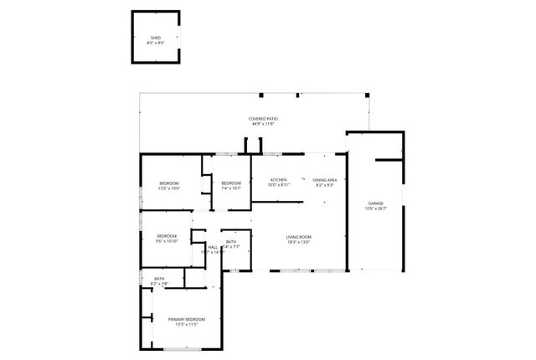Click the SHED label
pos(156,38)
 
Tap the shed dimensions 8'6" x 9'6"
pos(156,43)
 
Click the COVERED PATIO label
pos(263,119)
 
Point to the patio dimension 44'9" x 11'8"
pos(263,124)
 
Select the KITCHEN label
pos(279,180)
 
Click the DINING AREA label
pos(325,180)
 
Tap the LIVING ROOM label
pos(299,237)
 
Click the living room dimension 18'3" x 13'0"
pos(299,243)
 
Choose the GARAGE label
pos(376,203)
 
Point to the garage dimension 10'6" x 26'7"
pos(376,209)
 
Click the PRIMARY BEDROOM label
pos(187,319)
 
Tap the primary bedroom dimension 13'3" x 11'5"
pos(187,325)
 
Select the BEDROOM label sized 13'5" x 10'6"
pos(169,183)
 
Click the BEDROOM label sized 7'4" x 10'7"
pos(231,183)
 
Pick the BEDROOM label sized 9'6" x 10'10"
pos(167,236)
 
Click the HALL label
pos(213,247)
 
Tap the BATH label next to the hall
pos(230,242)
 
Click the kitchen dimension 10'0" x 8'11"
pos(279,185)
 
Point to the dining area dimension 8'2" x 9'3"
pos(325,185)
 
